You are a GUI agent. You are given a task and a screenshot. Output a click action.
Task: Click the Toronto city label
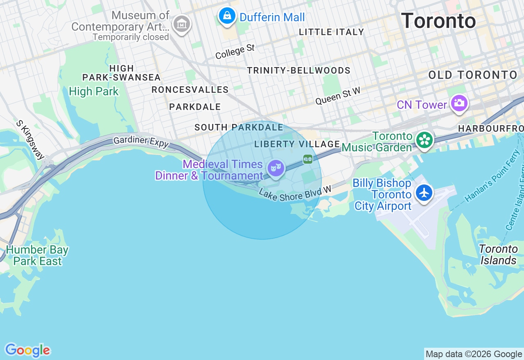point(438,20)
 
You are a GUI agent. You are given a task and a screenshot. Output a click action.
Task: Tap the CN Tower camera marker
point(459,103)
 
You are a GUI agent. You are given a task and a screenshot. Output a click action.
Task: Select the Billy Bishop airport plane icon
point(424,192)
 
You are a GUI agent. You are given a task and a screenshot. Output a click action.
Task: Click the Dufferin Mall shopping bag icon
point(227,16)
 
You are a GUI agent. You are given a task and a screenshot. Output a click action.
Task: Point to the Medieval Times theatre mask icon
point(276,168)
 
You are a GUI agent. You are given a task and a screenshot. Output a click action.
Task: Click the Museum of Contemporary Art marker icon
point(181,24)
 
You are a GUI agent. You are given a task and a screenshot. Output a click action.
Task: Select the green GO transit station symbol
point(308,159)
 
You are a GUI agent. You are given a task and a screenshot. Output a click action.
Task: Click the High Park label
point(94,91)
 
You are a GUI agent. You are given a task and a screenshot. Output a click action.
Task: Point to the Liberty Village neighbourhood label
point(297,144)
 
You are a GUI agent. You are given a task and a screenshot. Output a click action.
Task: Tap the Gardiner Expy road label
point(141,142)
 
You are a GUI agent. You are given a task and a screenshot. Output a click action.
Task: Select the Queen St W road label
point(338,96)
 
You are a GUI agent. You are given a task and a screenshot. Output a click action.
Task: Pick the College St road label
point(235,52)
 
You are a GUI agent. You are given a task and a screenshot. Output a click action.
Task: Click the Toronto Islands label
point(499,254)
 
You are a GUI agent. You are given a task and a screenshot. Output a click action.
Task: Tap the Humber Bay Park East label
point(37,255)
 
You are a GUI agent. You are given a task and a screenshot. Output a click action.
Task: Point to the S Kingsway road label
point(30,139)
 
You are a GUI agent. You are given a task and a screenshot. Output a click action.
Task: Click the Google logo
point(27,350)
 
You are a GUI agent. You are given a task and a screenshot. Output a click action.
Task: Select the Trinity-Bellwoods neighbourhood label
point(298,70)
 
